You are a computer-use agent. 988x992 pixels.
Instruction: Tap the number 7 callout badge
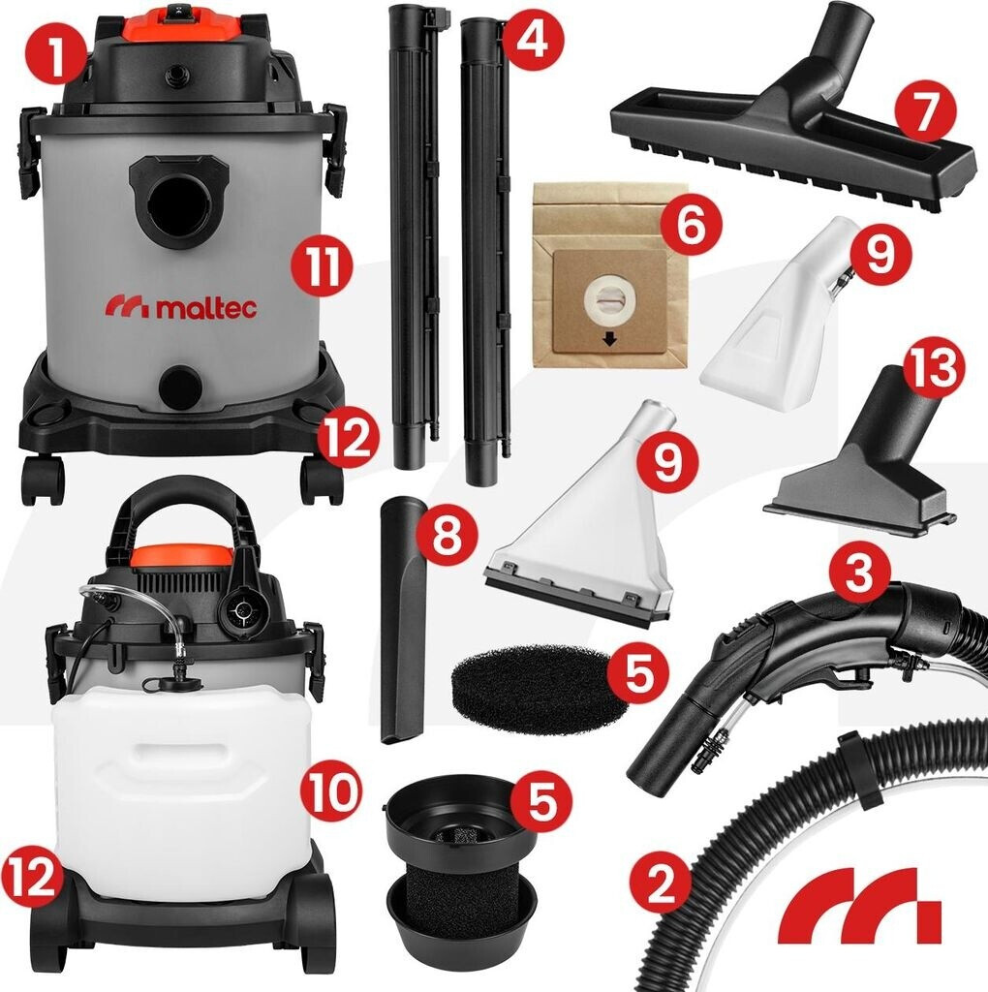click(x=925, y=113)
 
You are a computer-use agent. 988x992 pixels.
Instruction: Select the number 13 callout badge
click(x=935, y=368)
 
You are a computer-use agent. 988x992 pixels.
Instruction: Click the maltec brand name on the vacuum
click(x=181, y=307)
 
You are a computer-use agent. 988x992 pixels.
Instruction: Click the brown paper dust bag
click(x=610, y=275)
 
